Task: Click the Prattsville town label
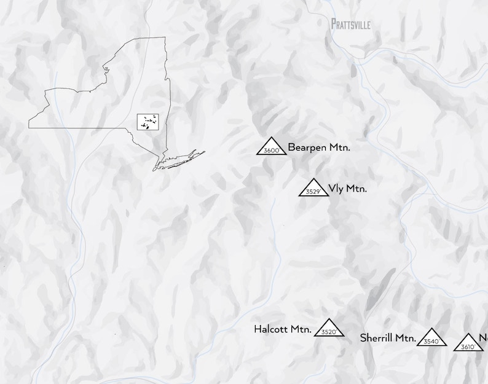coord(351,24)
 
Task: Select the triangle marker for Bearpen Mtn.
coord(272,146)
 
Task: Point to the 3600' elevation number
coord(272,151)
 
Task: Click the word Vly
coord(336,189)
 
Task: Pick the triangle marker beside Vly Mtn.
coord(313,187)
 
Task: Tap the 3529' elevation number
coord(313,192)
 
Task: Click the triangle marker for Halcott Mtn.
coord(329,327)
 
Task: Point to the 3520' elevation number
coord(329,332)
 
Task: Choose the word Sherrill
coord(379,337)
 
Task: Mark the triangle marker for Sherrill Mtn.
coord(431,337)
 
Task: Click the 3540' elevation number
coord(431,342)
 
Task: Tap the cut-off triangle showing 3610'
coord(468,343)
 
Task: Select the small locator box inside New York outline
coord(147,121)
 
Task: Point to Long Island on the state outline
coord(181,159)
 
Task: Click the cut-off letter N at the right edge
coord(484,337)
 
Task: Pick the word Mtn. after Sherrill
coord(407,337)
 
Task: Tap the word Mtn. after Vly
coord(356,189)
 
